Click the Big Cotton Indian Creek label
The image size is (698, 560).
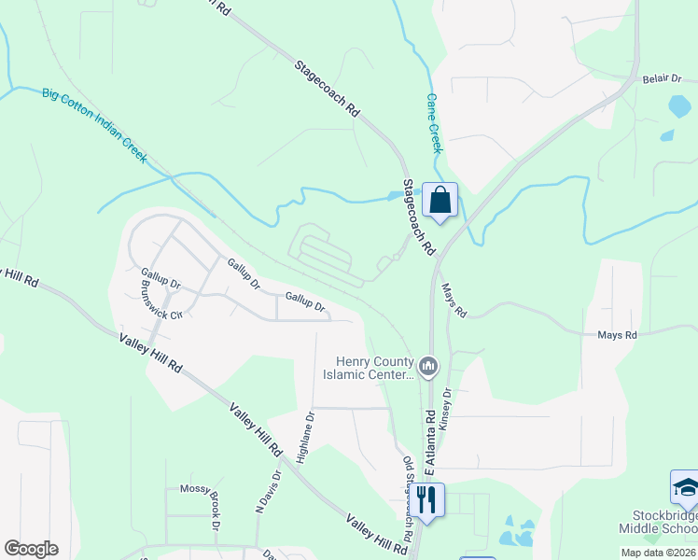(x=94, y=125)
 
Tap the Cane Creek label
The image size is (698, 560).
(x=435, y=123)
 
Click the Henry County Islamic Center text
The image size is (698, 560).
(x=377, y=369)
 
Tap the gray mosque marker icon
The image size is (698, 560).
(x=428, y=365)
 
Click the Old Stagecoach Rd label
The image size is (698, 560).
(x=408, y=498)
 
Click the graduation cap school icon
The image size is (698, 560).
(x=686, y=486)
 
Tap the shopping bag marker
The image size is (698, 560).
(x=440, y=199)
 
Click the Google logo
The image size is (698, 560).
(x=31, y=549)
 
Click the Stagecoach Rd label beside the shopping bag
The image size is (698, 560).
(x=419, y=218)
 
